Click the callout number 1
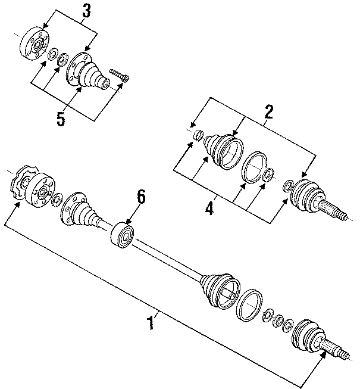pyautogui.click(x=151, y=323)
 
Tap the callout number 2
pyautogui.click(x=268, y=111)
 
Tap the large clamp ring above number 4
pyautogui.click(x=255, y=167)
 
